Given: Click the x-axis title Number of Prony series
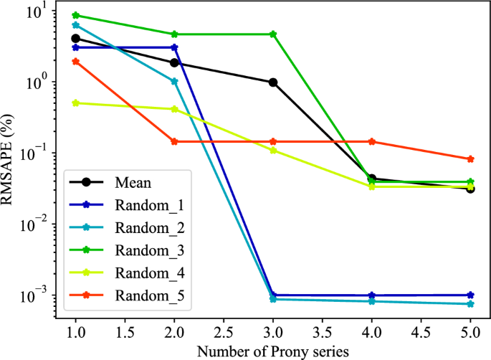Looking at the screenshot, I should click(x=273, y=351).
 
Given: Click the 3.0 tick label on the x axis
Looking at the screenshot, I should click(x=273, y=332).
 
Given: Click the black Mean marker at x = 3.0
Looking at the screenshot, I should click(x=273, y=82).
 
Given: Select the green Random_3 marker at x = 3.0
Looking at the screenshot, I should click(x=273, y=34).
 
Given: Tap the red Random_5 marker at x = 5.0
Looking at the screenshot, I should click(x=471, y=159).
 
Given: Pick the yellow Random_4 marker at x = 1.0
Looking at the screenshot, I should click(x=75, y=103).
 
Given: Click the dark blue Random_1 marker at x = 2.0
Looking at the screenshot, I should click(x=174, y=47).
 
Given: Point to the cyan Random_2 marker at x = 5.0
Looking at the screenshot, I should click(x=471, y=304).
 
